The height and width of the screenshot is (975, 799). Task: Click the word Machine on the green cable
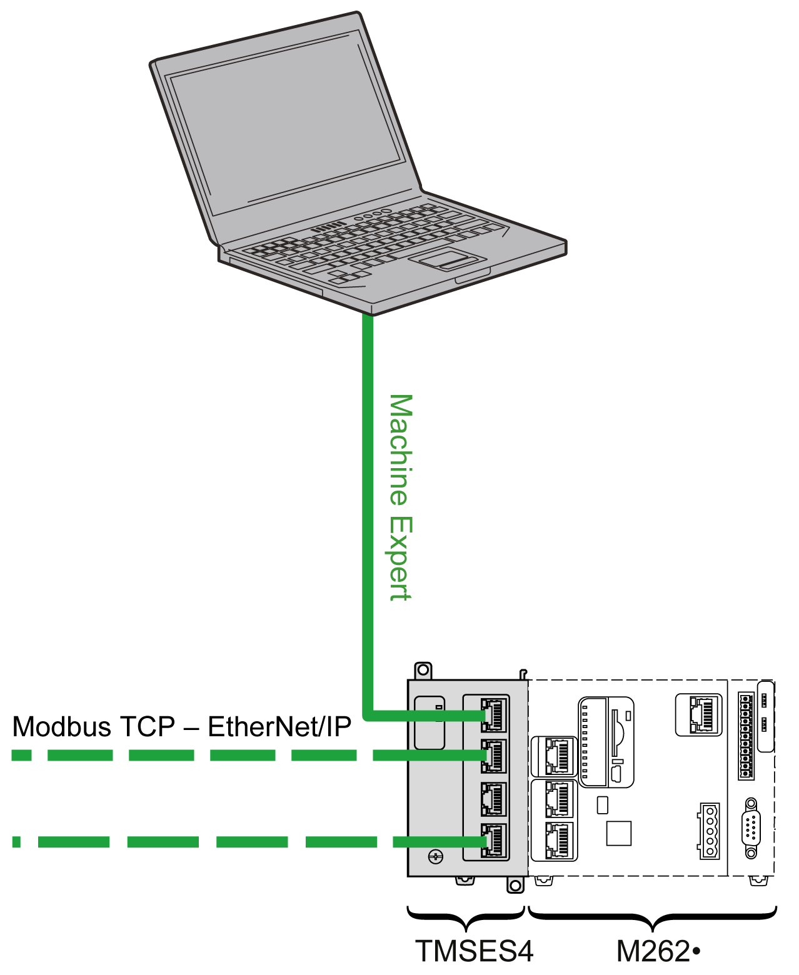[x=400, y=449]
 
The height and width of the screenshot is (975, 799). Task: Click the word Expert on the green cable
[x=400, y=559]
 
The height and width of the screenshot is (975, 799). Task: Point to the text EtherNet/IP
[x=279, y=727]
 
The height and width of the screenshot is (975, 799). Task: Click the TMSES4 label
[x=475, y=951]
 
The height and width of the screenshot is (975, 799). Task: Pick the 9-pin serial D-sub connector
[x=751, y=828]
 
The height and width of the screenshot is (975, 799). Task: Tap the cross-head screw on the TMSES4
[x=435, y=856]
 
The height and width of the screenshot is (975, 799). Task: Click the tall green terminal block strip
[x=746, y=735]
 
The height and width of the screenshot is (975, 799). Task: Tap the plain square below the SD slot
[x=618, y=833]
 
